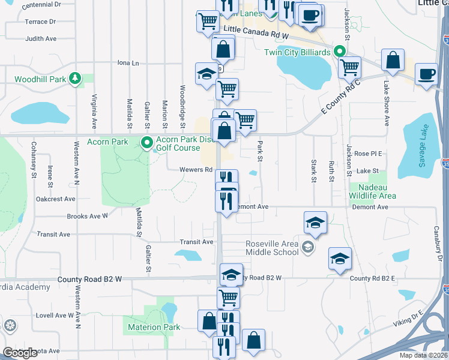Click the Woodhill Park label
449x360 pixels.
(41, 79)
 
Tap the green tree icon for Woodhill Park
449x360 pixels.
(75, 78)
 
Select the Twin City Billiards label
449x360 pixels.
(298, 52)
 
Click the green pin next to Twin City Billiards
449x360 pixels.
(340, 52)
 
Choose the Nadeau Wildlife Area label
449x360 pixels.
(373, 191)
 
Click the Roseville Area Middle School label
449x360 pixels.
(272, 248)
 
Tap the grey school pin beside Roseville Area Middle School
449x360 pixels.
(308, 247)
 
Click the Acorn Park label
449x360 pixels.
(107, 142)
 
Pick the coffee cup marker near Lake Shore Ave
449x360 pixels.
(426, 74)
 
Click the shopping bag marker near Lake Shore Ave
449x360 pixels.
(393, 61)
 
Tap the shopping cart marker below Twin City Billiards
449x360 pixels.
(349, 67)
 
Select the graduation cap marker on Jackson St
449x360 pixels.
(340, 259)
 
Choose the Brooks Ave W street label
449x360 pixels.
(88, 215)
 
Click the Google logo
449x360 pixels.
(20, 353)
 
